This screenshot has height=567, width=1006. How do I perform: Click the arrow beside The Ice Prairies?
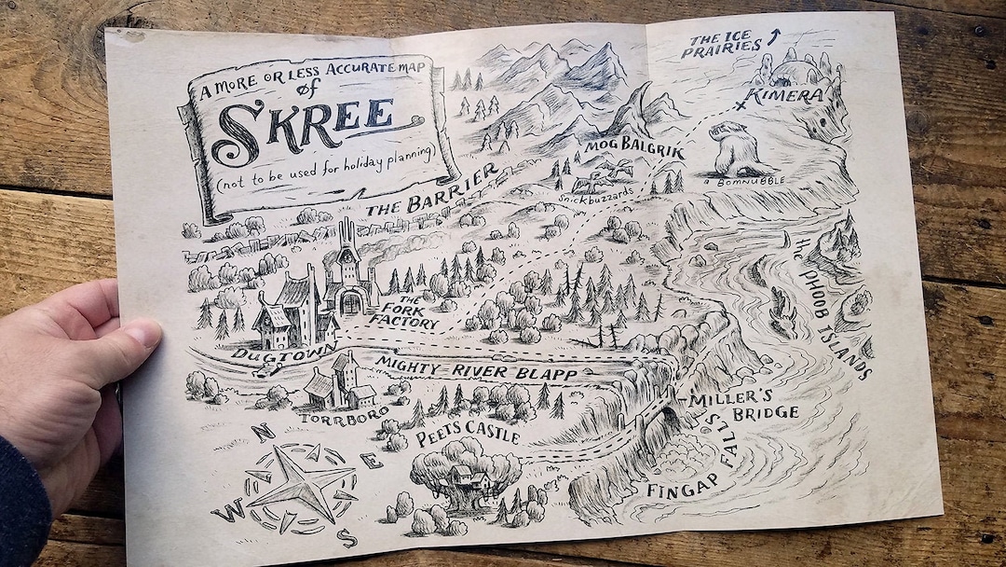(x=771, y=38)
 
